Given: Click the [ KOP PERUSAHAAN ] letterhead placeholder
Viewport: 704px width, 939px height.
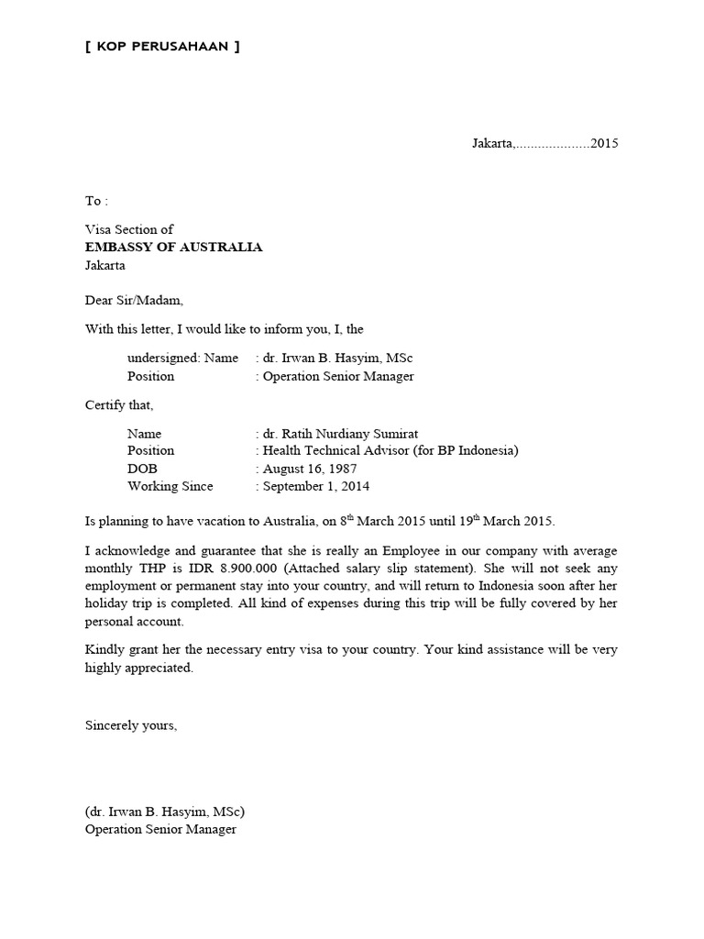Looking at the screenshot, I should click(162, 47).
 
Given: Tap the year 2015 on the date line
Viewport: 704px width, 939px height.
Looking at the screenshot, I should click(604, 143).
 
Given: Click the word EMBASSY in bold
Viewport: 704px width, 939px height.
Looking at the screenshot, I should click(121, 248).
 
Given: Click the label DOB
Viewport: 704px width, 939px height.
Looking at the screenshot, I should click(142, 469).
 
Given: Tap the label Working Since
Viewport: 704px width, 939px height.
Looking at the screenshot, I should click(170, 486).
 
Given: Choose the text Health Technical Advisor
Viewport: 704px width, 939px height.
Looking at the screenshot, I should click(338, 450).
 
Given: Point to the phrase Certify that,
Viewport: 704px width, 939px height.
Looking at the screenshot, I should click(119, 404).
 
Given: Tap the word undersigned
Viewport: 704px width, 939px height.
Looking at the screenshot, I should click(163, 358).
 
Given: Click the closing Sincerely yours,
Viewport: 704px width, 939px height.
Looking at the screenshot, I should click(131, 724).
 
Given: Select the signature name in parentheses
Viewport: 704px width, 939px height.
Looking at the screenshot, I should click(165, 812).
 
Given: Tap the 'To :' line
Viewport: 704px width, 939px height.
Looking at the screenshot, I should click(96, 200).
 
